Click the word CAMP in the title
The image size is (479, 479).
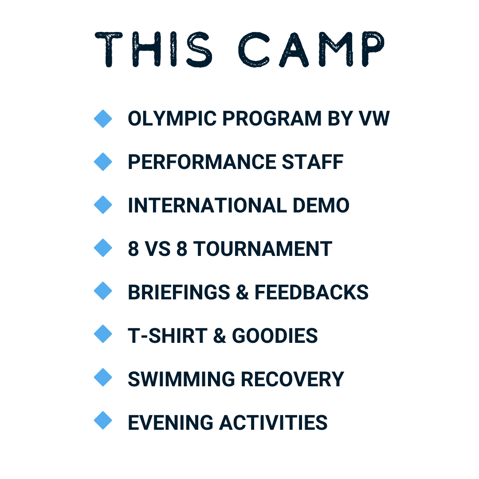click(311, 49)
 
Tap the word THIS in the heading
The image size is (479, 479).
click(153, 49)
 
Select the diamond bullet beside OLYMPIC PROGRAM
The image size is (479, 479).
click(103, 118)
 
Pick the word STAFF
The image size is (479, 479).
click(313, 162)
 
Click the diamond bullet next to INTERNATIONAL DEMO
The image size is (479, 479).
click(103, 205)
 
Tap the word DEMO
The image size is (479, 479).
click(321, 205)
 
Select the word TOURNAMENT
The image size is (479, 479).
click(263, 249)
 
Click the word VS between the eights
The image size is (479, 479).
click(157, 249)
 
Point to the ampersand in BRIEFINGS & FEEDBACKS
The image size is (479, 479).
click(242, 292)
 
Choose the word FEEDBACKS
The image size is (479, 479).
click(312, 292)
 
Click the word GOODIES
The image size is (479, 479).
click(275, 336)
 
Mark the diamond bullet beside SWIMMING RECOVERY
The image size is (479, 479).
click(103, 377)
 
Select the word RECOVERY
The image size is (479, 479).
click(292, 379)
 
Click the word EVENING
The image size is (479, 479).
click(170, 423)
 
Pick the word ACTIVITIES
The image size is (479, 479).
click(273, 423)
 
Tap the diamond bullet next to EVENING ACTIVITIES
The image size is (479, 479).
click(103, 420)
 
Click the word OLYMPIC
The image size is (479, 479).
click(172, 118)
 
